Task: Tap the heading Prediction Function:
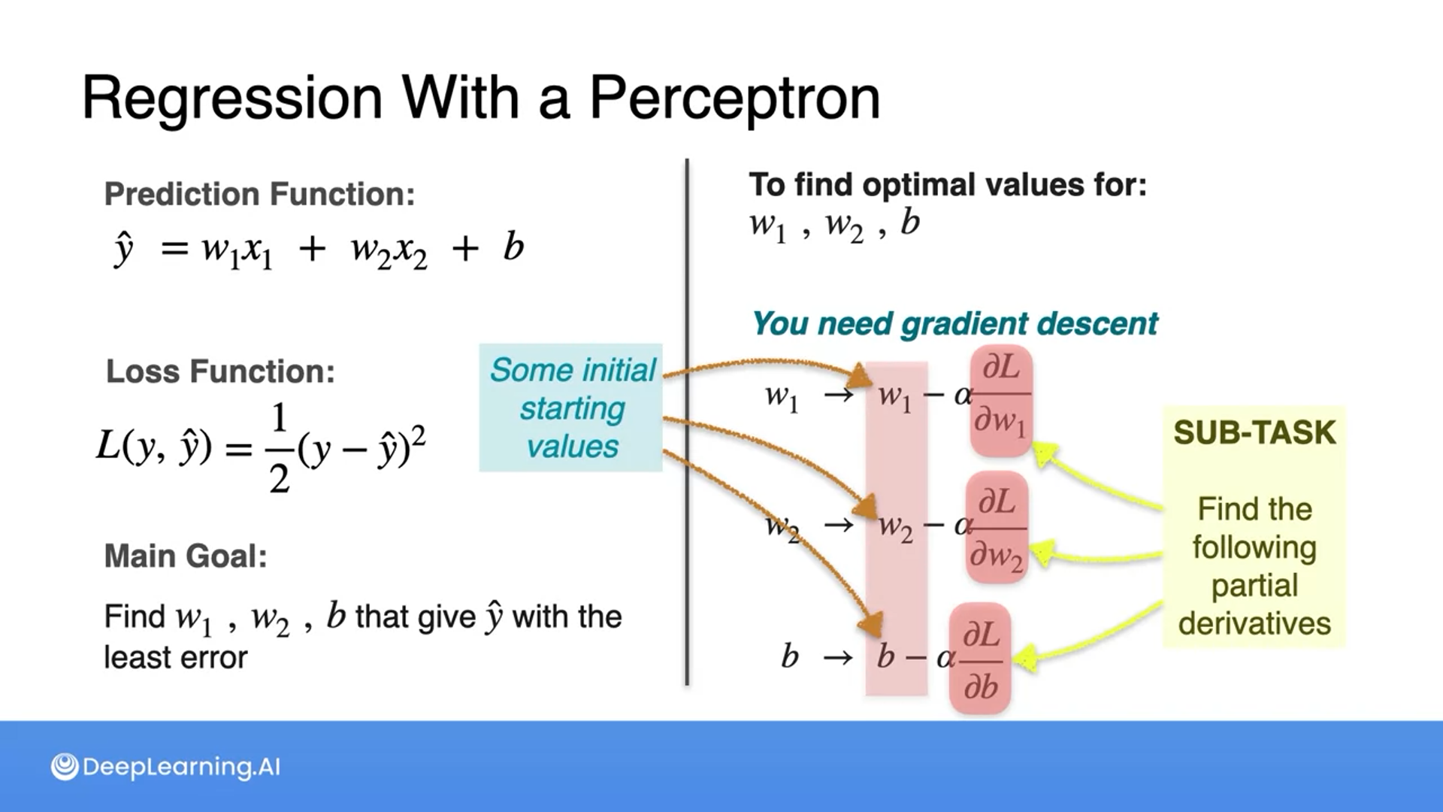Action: tap(259, 194)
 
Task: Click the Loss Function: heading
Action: tap(220, 371)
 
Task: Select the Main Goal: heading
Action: tap(186, 556)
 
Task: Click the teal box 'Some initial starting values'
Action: tap(571, 408)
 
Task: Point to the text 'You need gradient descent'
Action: tap(954, 324)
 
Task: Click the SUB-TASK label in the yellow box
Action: tap(1254, 432)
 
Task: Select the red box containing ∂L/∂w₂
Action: tap(997, 528)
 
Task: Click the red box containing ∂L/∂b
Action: tap(980, 659)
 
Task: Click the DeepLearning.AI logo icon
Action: tap(65, 767)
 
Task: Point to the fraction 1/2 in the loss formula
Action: tap(279, 448)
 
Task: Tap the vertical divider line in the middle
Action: tap(687, 422)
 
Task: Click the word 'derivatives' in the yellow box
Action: tap(1254, 624)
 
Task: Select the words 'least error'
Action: tap(176, 658)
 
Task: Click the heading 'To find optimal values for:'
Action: tap(948, 185)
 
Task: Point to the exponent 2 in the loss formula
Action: tap(419, 435)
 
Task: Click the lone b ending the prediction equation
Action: tap(513, 247)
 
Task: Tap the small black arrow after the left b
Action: tap(838, 659)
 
